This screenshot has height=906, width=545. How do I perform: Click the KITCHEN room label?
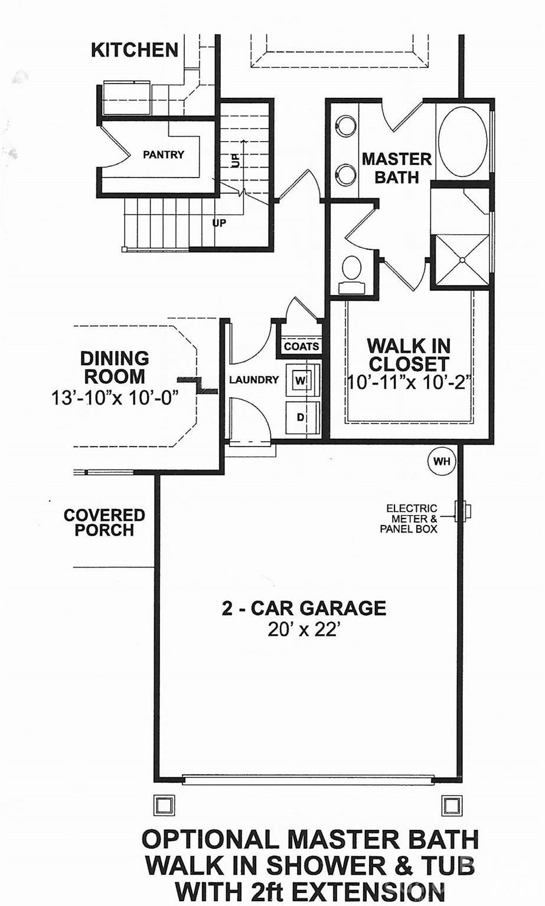pyautogui.click(x=135, y=50)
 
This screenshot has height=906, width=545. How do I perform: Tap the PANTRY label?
pyautogui.click(x=164, y=155)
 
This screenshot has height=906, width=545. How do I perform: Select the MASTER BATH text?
pyautogui.click(x=397, y=168)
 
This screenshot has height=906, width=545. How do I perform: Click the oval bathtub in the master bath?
pyautogui.click(x=463, y=141)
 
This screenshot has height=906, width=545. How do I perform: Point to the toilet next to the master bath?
pyautogui.click(x=353, y=270)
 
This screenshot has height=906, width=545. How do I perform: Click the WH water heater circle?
pyautogui.click(x=441, y=461)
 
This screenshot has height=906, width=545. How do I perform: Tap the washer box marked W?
pyautogui.click(x=301, y=380)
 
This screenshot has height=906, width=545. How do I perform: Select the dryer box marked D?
pyautogui.click(x=301, y=417)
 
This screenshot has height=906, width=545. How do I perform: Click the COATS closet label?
pyautogui.click(x=302, y=346)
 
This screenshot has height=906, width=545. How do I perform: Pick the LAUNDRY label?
pyautogui.click(x=254, y=380)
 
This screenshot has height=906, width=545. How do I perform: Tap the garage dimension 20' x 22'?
pyautogui.click(x=304, y=630)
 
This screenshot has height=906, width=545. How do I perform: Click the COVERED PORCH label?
pyautogui.click(x=105, y=523)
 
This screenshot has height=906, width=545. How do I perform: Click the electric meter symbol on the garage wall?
pyautogui.click(x=462, y=511)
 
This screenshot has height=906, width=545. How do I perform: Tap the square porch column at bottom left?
pyautogui.click(x=164, y=804)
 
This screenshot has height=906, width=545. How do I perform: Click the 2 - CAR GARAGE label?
pyautogui.click(x=304, y=608)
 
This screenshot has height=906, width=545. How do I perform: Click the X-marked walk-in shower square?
pyautogui.click(x=462, y=260)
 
